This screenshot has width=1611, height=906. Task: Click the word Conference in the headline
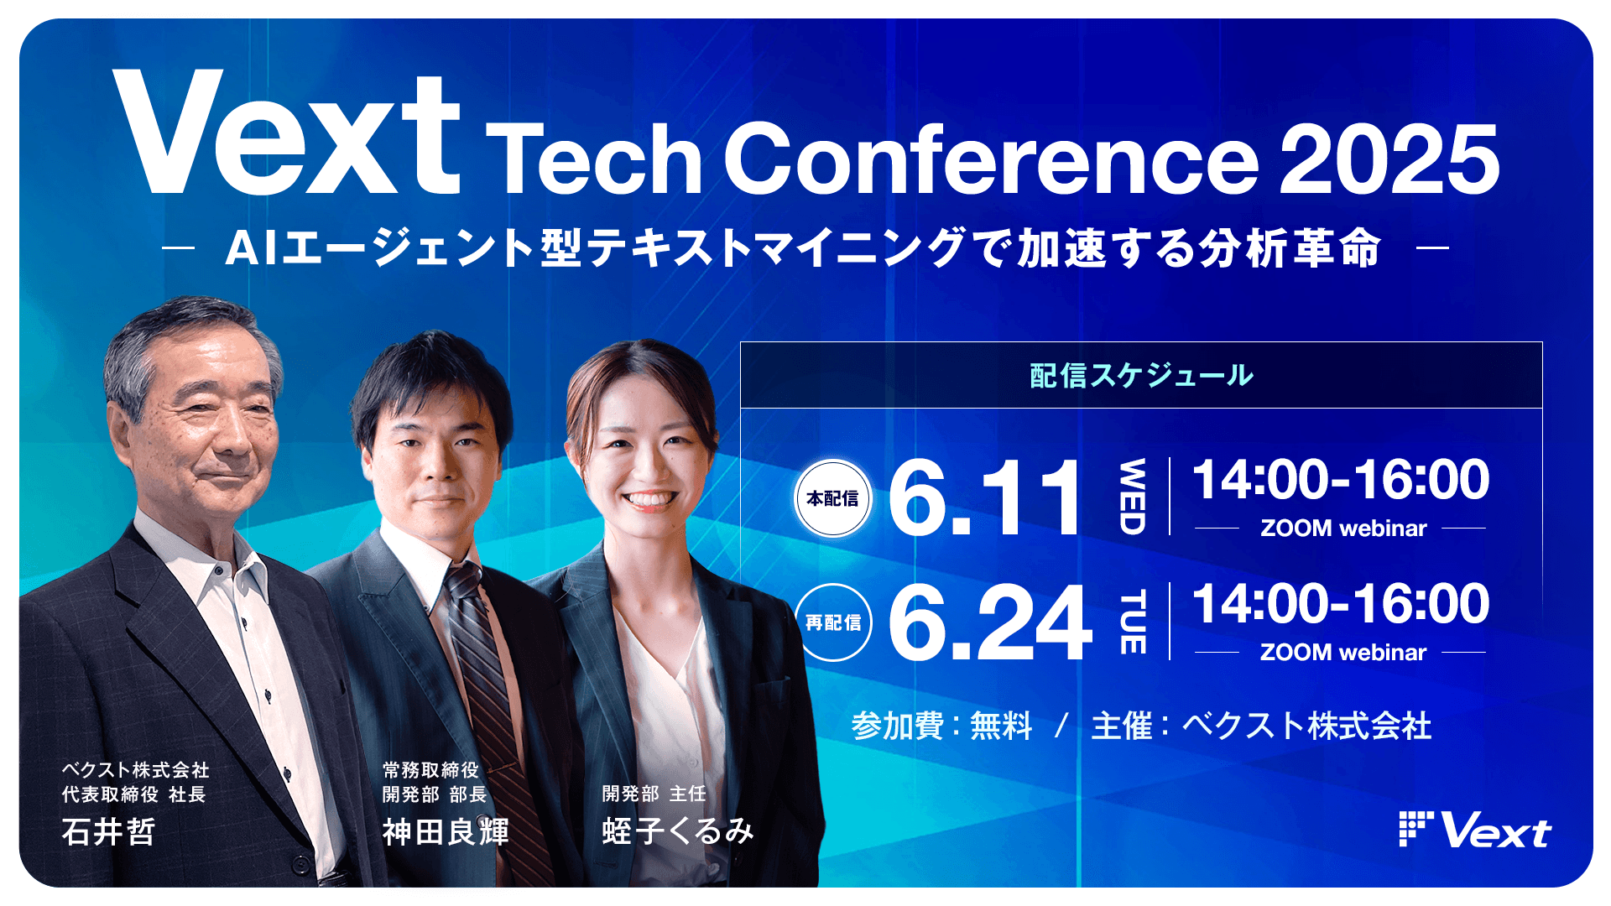click(990, 159)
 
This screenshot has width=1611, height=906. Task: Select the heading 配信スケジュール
click(1141, 375)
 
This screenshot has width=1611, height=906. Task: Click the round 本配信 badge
click(832, 498)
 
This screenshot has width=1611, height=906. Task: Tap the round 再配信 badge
click(832, 622)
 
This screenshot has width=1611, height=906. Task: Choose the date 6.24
click(990, 623)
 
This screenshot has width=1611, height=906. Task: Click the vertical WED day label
click(1132, 497)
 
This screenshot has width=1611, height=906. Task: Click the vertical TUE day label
click(1132, 622)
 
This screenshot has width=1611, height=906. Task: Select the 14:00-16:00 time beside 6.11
click(1341, 480)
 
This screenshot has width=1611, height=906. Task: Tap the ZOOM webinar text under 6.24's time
click(1342, 653)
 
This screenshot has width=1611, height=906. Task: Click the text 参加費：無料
click(941, 726)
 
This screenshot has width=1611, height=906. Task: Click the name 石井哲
click(109, 832)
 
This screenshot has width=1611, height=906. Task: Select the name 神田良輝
click(446, 832)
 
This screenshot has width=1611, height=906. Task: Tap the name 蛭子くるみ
click(678, 831)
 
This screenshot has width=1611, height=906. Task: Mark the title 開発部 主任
click(654, 794)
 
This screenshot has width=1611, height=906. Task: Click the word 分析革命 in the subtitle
click(1290, 248)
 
